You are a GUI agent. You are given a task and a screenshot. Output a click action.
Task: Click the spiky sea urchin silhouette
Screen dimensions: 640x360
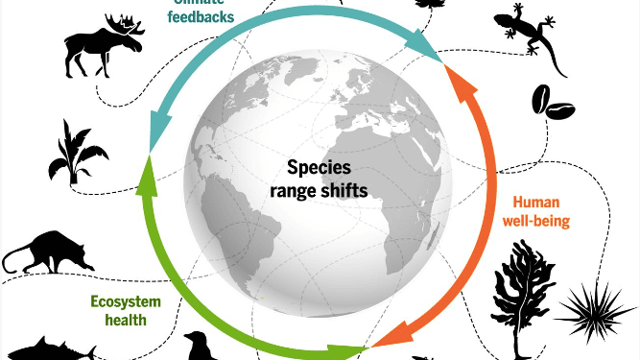(x=594, y=308)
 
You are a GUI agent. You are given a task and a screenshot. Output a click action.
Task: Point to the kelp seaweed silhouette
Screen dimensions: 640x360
(x=518, y=288)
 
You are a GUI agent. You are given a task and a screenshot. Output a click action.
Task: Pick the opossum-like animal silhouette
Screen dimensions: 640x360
(x=48, y=252)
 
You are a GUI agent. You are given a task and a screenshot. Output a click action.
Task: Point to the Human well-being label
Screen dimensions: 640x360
(x=541, y=211)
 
